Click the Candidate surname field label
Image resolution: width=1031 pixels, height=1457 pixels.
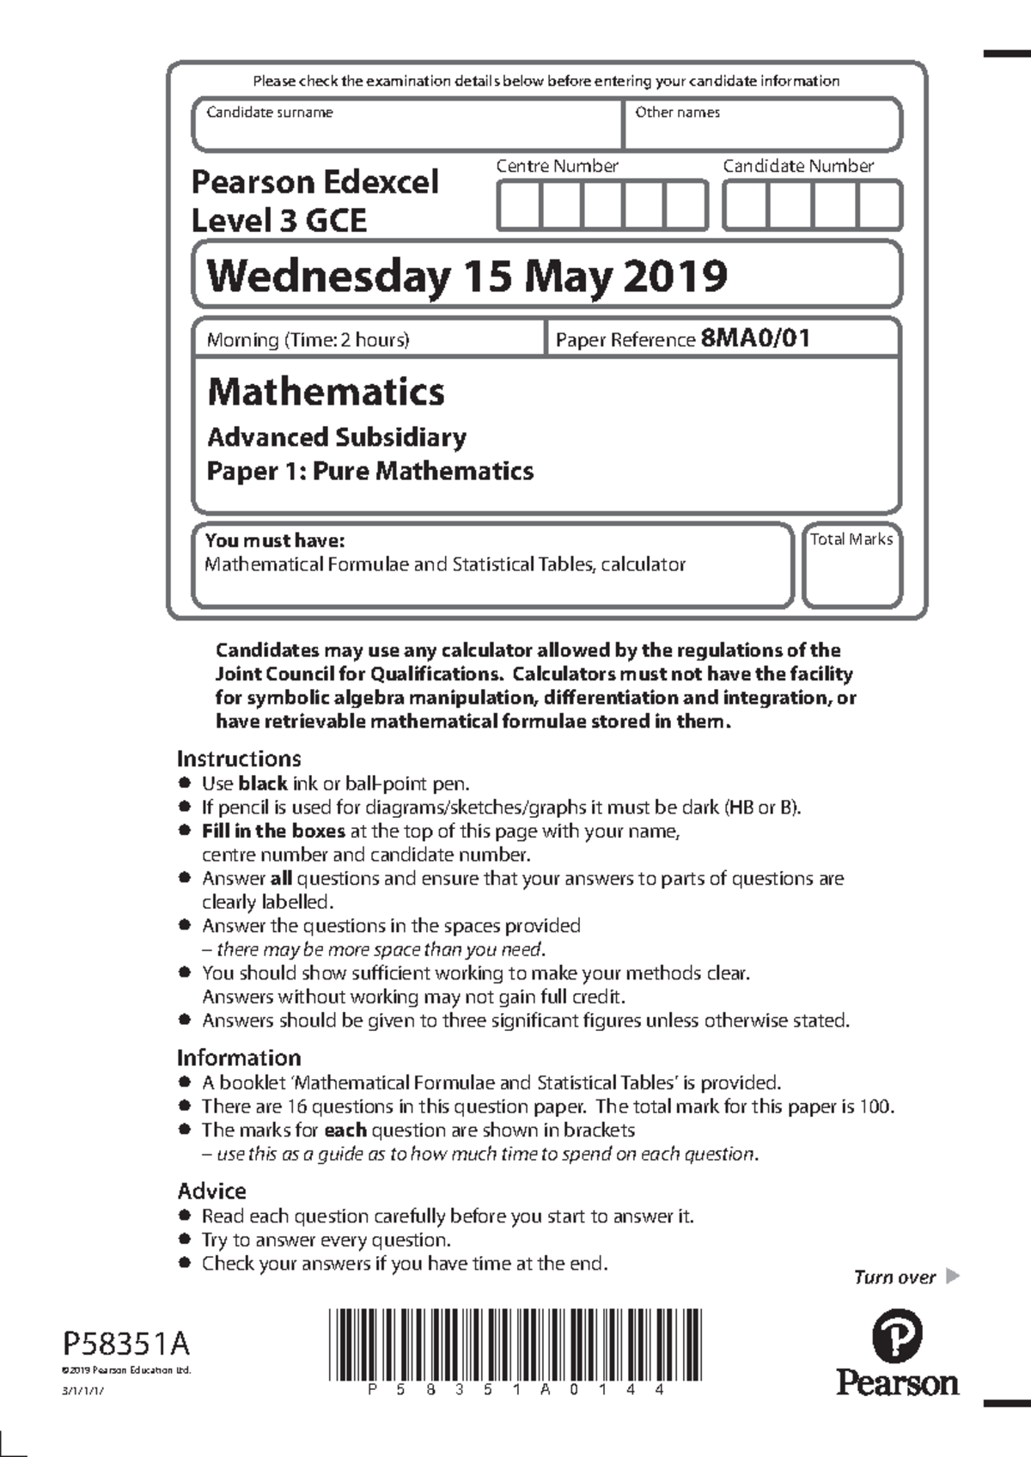[269, 113]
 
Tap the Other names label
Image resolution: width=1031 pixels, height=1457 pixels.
[677, 113]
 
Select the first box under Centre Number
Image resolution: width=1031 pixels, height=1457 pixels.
[519, 206]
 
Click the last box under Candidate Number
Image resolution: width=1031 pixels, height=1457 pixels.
[879, 206]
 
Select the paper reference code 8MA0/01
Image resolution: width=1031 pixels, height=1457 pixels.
[755, 338]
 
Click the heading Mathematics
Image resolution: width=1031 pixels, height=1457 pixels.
[326, 392]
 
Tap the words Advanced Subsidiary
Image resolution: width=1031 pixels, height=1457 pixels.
[336, 437]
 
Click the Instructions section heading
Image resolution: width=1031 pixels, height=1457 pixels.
[239, 759]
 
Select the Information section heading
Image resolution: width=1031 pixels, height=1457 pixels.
[239, 1058]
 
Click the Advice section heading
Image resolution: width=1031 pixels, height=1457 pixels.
[211, 1192]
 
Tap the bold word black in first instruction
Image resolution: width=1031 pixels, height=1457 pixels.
[262, 783]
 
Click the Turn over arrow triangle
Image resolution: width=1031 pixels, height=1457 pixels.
[952, 1276]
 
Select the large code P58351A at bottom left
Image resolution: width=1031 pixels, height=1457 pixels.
[126, 1343]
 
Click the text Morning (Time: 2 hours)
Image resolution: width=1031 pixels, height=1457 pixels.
[308, 340]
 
